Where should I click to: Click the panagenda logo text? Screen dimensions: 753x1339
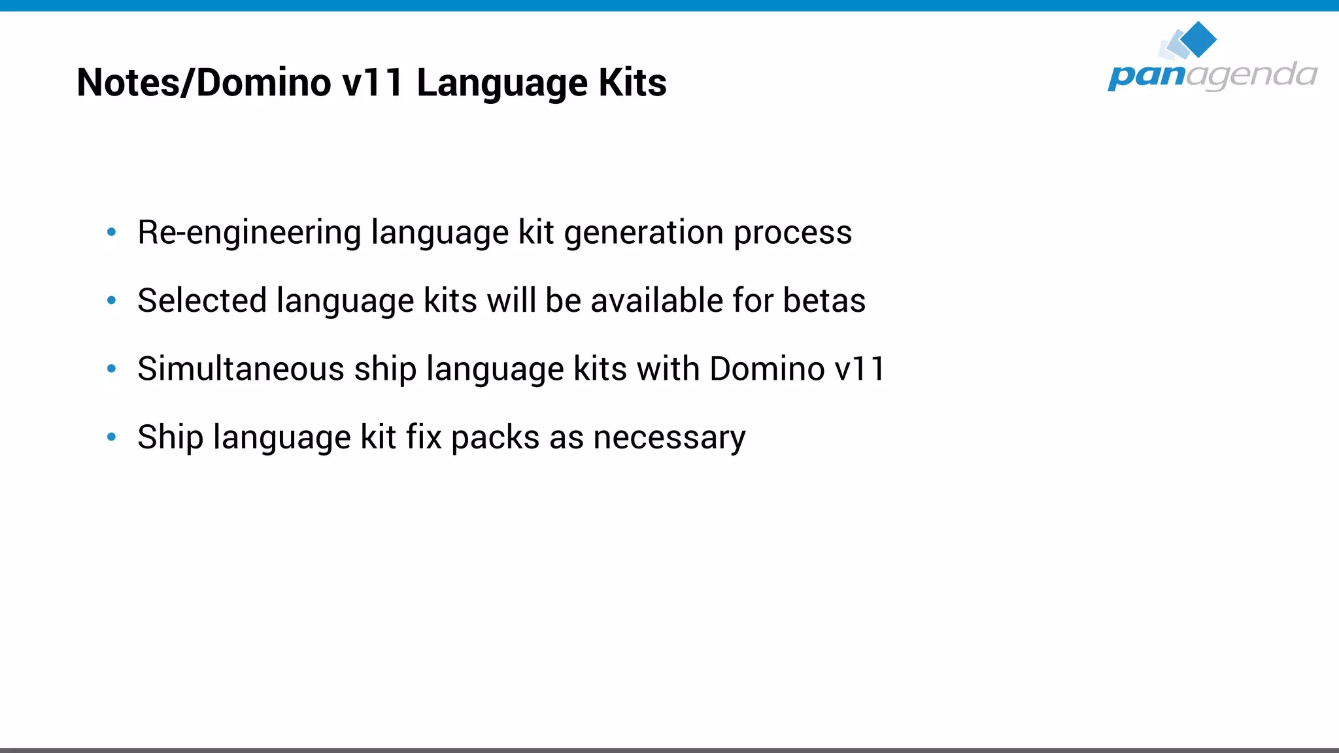[1212, 75]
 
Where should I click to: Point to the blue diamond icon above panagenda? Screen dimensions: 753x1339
[1198, 39]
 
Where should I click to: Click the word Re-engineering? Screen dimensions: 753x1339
[249, 233]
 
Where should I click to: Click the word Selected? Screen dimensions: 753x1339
[202, 301]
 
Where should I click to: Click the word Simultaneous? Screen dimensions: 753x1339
[241, 369]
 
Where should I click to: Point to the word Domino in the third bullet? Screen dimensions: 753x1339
[767, 369]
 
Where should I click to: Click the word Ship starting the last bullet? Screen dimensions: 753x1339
[170, 437]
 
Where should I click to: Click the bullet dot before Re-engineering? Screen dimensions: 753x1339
[112, 231]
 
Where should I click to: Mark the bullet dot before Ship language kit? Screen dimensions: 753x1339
[112, 437]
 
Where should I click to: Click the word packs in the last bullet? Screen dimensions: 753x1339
[495, 437]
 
